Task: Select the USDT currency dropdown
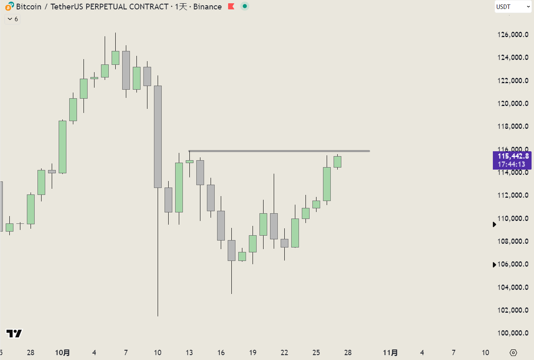coord(513,7)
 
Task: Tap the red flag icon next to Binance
coord(231,7)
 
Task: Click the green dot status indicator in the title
coord(244,7)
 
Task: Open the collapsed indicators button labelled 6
coord(13,19)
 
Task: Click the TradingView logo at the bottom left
coord(14,333)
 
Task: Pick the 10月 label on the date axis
coord(62,353)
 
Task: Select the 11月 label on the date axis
coord(391,353)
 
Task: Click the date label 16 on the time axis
coord(221,353)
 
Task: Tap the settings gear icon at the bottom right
coord(513,353)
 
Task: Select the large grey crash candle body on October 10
coord(158,137)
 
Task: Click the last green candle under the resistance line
coord(337,162)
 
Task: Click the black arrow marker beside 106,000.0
coord(494,265)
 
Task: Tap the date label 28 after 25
coord(348,353)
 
